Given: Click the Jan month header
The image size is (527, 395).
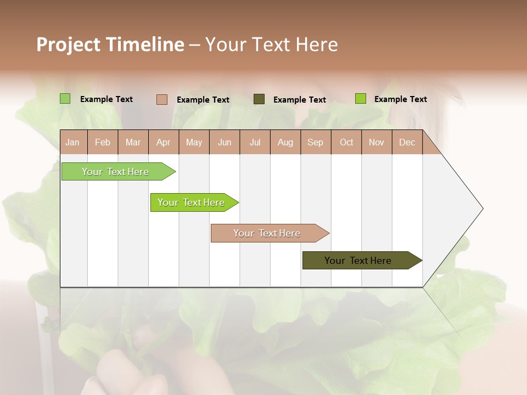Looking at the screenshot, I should coord(72,143).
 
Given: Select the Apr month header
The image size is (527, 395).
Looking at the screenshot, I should coord(164,143).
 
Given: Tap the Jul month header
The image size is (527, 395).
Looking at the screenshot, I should coord(255,143).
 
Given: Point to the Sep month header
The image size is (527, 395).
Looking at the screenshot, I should coord(316,143).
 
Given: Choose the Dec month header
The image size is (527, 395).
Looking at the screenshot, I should coord(407,143).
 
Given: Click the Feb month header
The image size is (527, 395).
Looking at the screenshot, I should coord(103,143).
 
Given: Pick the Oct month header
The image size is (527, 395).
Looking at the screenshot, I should coord(346,143).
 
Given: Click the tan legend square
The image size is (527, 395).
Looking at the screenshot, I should coord(161,99).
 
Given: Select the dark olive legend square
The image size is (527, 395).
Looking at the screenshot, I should coord(259,99).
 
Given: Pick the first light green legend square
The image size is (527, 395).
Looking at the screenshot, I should coord(65,99).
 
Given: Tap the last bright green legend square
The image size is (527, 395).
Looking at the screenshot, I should coord(361,99).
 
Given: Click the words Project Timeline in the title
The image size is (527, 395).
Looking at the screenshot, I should coord(110,44).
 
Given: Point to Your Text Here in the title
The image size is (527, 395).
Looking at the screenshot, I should coord(272,44).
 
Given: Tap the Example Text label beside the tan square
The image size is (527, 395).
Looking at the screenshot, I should coord(203,100).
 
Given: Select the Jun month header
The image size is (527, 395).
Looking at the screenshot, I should coord(225,143).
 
